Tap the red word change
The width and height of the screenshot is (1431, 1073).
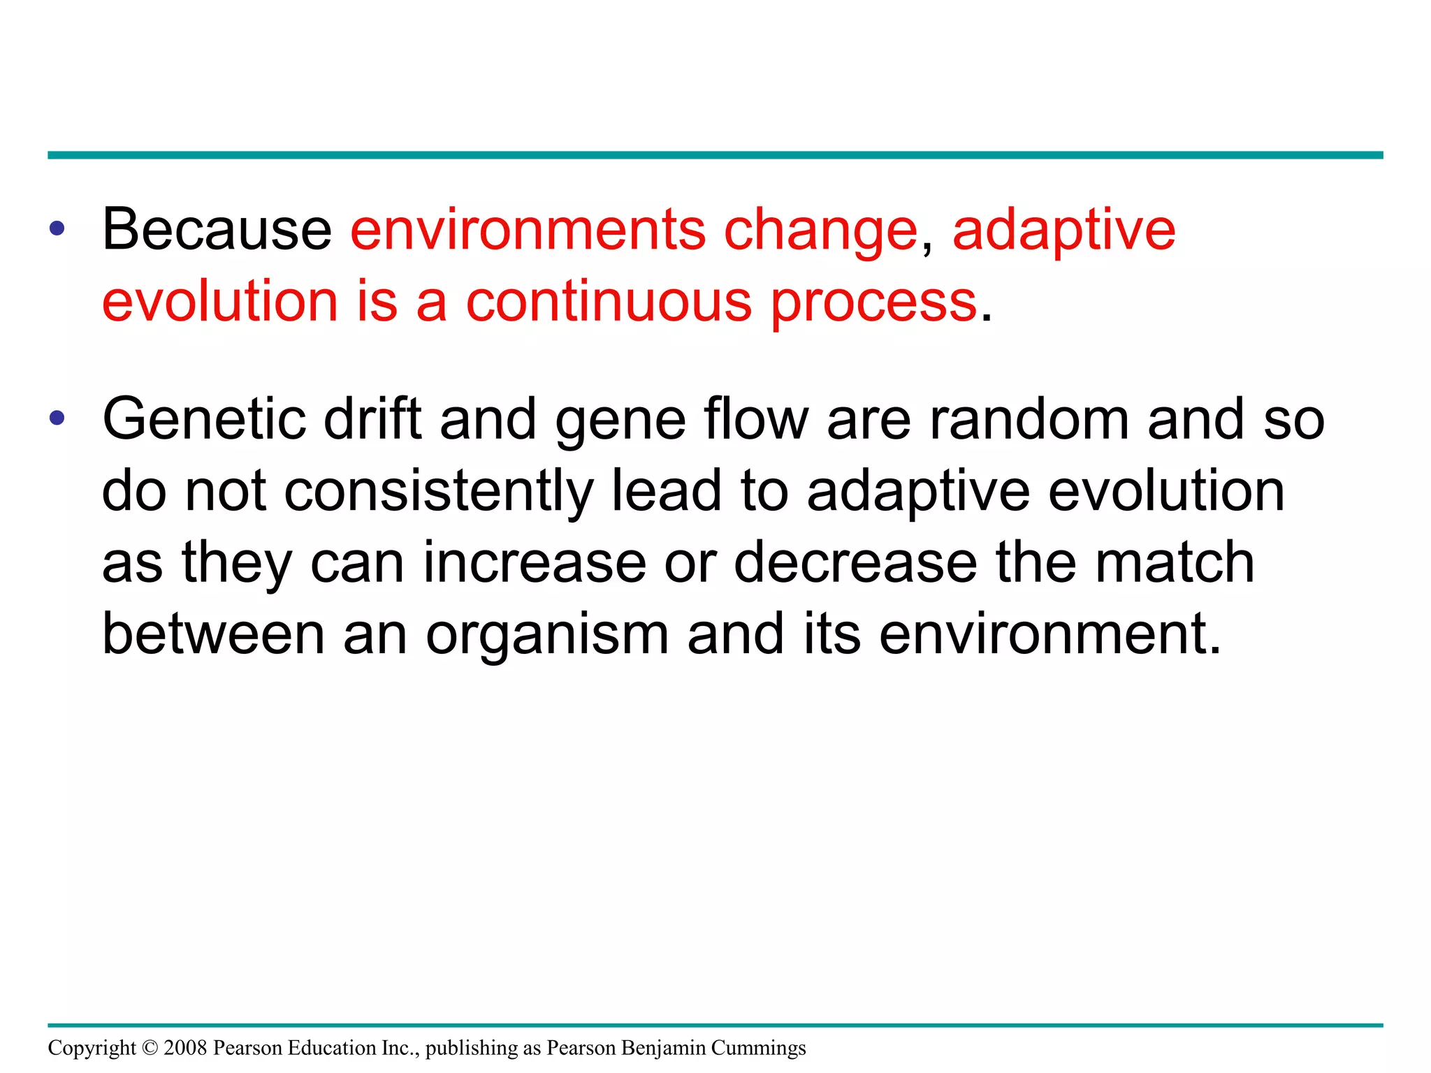coord(820,231)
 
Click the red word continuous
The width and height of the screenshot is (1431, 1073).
coord(609,302)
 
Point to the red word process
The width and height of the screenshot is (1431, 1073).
coord(873,303)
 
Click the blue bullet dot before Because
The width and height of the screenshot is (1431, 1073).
coord(57,228)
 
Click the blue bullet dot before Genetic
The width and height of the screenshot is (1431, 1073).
coord(57,418)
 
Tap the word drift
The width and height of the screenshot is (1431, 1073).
coord(373,419)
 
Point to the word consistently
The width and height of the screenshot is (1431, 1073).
coord(439,492)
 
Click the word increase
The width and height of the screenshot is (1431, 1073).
coord(535,563)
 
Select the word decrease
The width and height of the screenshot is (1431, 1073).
coord(855,563)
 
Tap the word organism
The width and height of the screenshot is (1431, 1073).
coord(547,634)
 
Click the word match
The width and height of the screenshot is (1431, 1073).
coord(1175,563)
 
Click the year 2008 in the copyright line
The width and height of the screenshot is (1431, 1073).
coord(185,1048)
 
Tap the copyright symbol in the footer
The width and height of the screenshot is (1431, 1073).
coord(150,1048)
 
